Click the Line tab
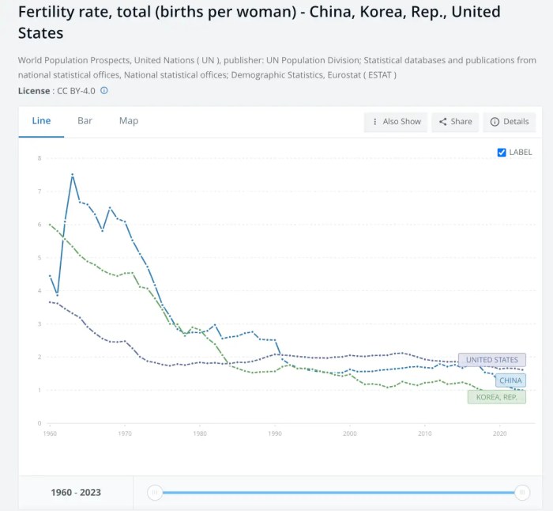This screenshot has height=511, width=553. click(41, 121)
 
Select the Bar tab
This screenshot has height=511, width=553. click(85, 121)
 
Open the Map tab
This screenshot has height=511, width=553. click(129, 121)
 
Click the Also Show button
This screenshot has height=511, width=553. click(396, 122)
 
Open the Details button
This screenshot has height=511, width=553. click(510, 122)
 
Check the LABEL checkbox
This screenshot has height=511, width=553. click(502, 152)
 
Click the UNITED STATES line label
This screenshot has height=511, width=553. click(491, 360)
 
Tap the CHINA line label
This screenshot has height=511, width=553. click(510, 380)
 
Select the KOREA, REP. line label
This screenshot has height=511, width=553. click(497, 397)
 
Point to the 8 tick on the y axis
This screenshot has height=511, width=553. click(39, 158)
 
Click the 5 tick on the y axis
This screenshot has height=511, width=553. click(39, 258)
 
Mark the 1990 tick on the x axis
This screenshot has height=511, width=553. click(275, 433)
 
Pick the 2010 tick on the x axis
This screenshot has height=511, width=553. click(425, 433)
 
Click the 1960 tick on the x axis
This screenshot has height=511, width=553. click(50, 433)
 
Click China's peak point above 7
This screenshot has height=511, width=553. click(73, 174)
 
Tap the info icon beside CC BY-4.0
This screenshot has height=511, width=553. click(104, 91)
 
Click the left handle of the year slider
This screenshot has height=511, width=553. click(156, 493)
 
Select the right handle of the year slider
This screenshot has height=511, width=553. click(522, 493)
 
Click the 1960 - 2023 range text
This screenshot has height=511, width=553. click(76, 493)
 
